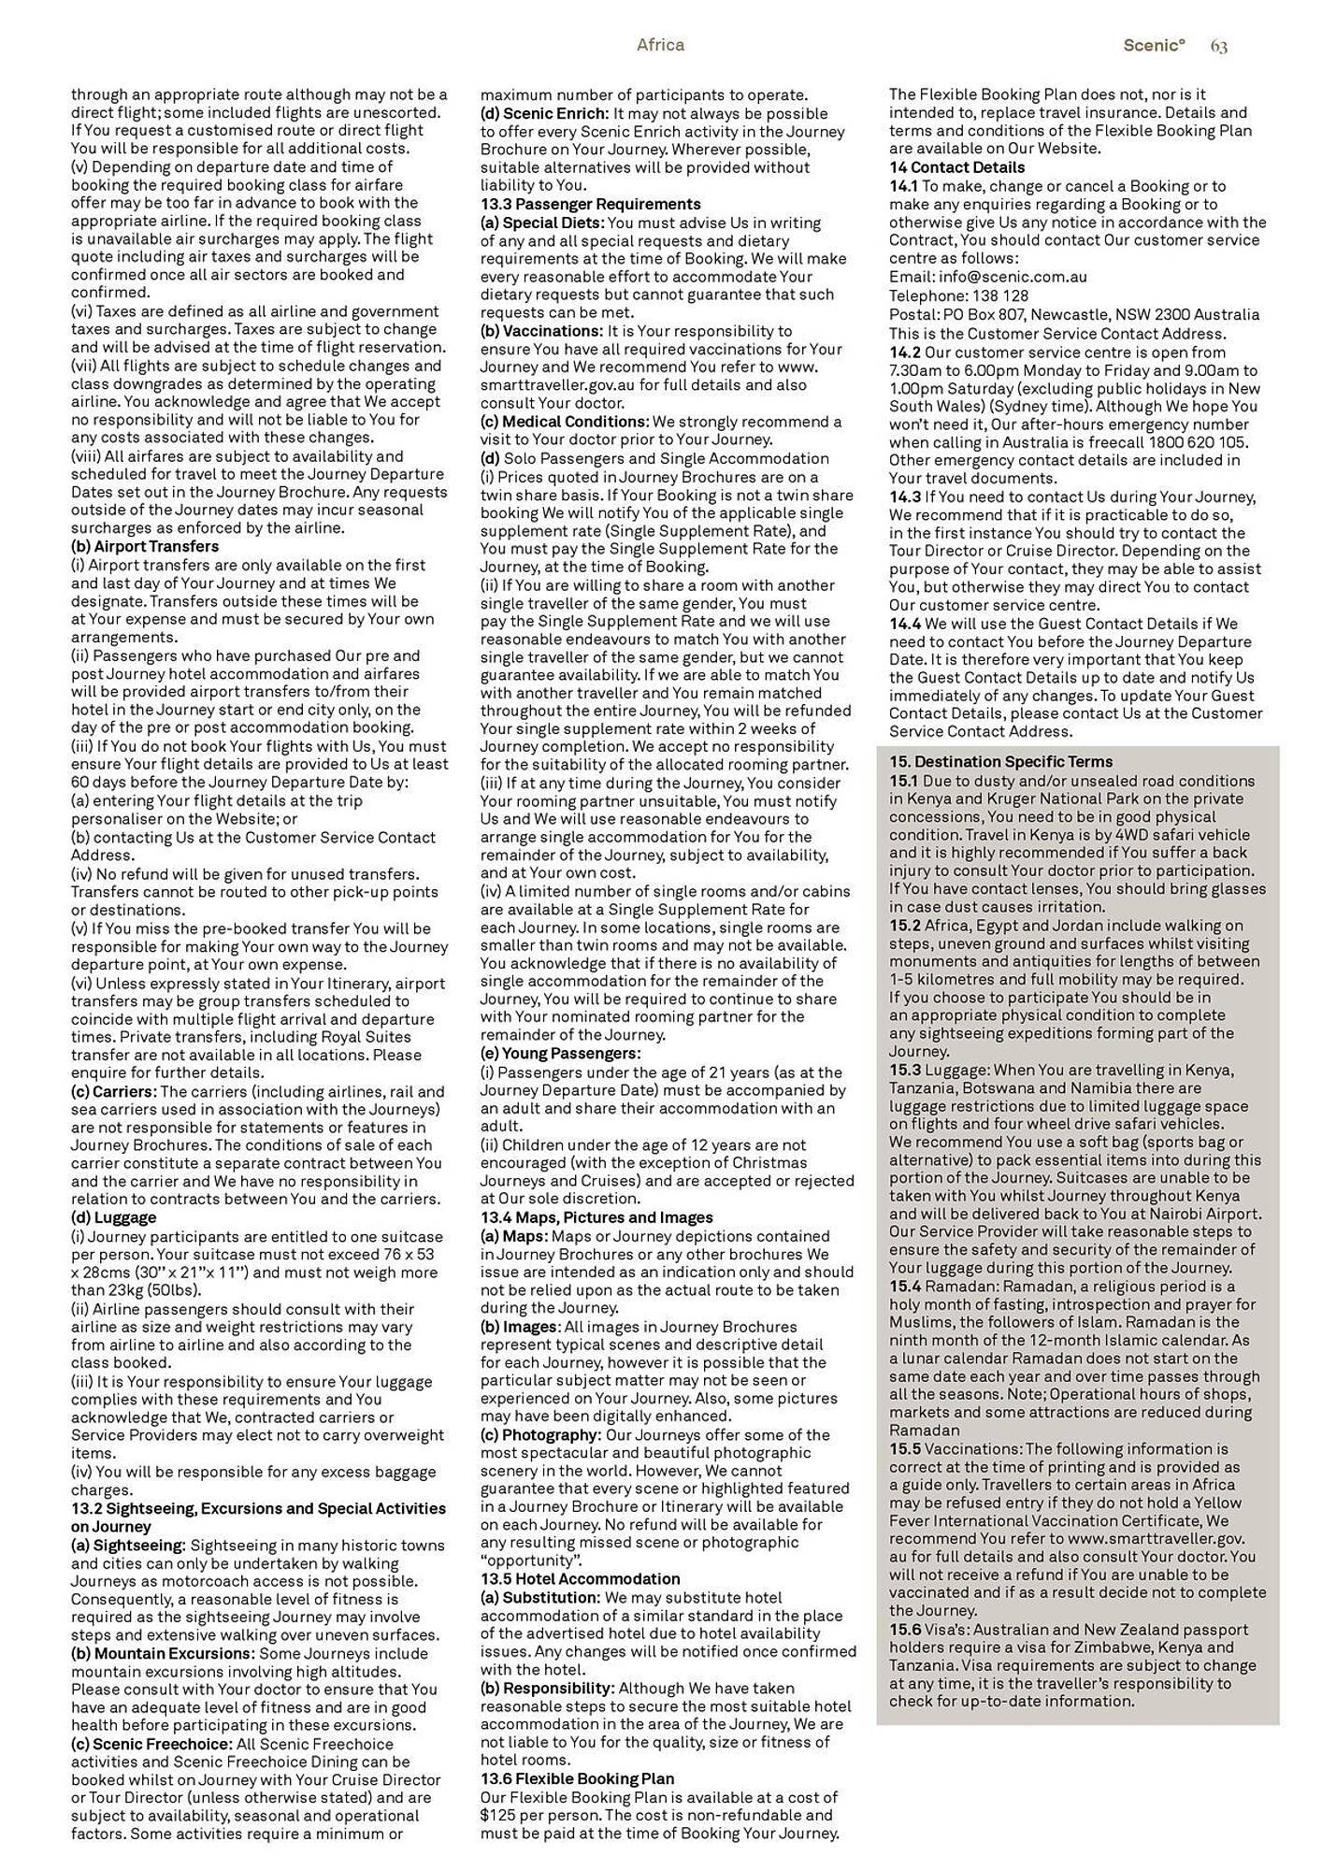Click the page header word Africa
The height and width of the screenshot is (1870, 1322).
click(x=660, y=45)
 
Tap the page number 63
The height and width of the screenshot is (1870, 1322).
click(x=1218, y=46)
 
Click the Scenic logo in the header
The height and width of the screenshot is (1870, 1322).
click(x=1154, y=45)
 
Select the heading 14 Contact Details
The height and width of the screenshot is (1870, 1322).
click(x=956, y=167)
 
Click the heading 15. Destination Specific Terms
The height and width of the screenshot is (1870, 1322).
click(x=1000, y=762)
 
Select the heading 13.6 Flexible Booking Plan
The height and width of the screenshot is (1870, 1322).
click(x=577, y=1778)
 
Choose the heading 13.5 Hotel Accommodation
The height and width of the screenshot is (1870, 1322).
click(x=580, y=1579)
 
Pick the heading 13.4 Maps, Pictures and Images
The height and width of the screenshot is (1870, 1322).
click(x=596, y=1217)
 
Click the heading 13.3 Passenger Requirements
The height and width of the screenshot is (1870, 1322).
click(x=590, y=204)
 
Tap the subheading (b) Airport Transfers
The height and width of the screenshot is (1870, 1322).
click(x=145, y=546)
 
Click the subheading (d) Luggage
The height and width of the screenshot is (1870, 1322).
click(x=114, y=1217)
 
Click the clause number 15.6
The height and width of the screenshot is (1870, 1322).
click(x=905, y=1630)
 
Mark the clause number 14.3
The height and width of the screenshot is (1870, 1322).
click(x=905, y=497)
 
